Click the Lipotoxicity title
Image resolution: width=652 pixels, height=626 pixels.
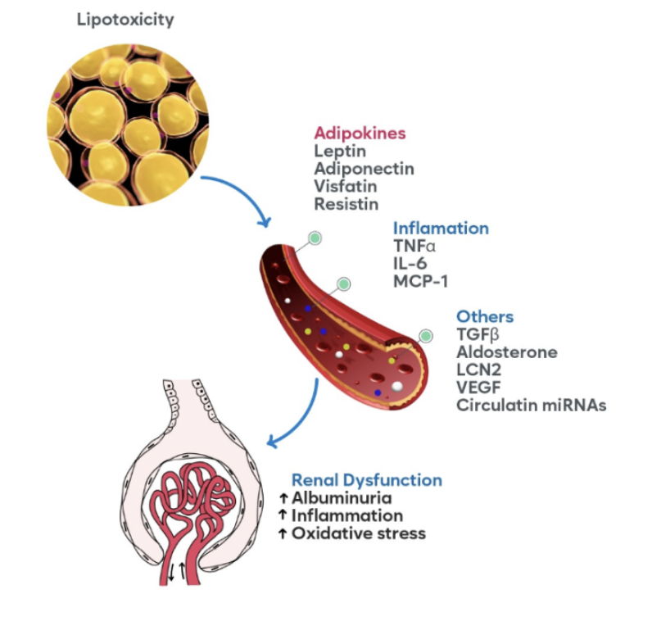point(125,19)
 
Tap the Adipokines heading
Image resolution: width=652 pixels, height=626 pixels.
point(360,133)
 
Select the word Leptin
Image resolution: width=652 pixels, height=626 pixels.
point(337,151)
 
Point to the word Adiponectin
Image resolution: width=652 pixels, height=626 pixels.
point(364,168)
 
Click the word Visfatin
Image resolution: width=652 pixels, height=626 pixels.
point(343,185)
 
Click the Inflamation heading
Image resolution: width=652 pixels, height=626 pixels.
point(441,228)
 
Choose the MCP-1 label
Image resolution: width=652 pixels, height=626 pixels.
point(422,280)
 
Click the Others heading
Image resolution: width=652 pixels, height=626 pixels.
point(485,316)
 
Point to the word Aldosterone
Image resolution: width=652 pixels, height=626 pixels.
point(507,352)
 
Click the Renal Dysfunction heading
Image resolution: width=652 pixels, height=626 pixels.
point(366,480)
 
